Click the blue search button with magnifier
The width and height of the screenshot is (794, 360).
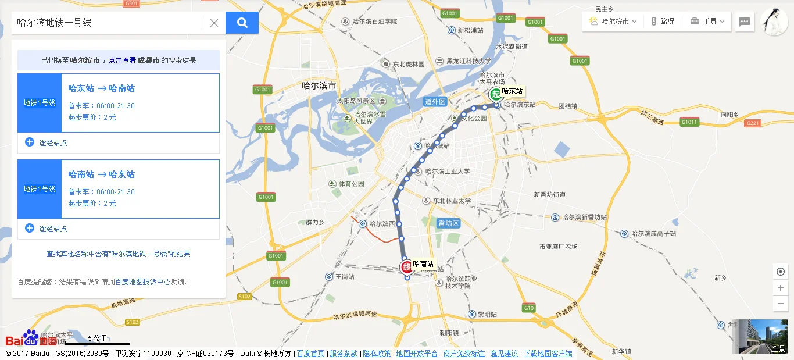[x=242, y=23]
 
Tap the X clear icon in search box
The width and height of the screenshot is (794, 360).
[x=214, y=23]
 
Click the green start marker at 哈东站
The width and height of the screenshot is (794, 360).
[x=495, y=94]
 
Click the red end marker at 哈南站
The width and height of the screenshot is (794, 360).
[x=407, y=267]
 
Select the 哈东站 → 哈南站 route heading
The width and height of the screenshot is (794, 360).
[x=102, y=88]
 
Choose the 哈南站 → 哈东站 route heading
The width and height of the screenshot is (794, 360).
[x=102, y=174]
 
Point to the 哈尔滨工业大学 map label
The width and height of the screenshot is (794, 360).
[x=447, y=172]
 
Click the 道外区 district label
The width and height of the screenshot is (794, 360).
[x=435, y=102]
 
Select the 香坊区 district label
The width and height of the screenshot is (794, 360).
[x=449, y=223]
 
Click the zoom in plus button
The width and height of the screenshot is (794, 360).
[x=780, y=288]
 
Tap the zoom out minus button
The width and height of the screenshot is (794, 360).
[x=780, y=304]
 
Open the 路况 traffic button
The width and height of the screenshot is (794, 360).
[x=663, y=22]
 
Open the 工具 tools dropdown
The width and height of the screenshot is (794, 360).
[x=707, y=22]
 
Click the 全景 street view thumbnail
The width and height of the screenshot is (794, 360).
[x=760, y=336]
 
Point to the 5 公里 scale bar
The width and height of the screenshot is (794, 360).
[x=98, y=340]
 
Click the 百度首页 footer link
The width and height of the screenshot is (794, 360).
[x=310, y=354]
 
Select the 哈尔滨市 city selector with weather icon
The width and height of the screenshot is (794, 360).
[x=613, y=22]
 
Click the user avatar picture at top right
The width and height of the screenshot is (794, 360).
[x=774, y=22]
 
